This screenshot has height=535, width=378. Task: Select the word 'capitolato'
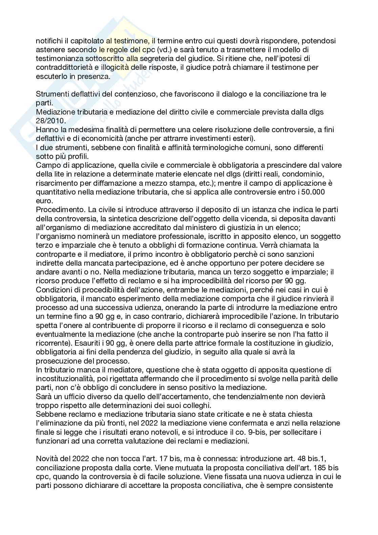coord(83,41)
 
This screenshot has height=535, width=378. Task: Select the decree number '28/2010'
coord(48,120)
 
